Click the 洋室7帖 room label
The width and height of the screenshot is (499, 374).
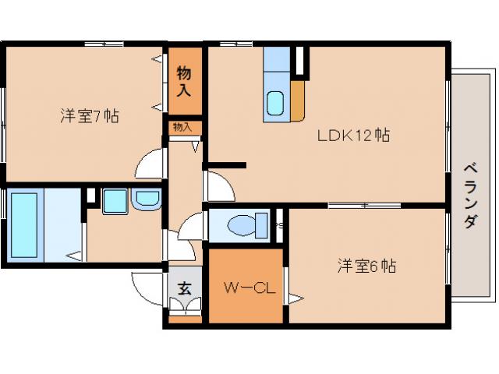tap(90, 116)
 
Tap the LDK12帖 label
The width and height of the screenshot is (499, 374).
tap(353, 135)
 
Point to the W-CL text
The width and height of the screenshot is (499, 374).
tap(246, 288)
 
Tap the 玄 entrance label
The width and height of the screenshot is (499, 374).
tap(185, 288)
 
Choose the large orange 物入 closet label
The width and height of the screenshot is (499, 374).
tap(184, 81)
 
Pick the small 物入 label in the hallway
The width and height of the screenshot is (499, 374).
tap(182, 127)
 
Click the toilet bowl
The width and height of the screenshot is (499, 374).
tap(242, 225)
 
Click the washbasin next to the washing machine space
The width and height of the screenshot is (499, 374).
tap(145, 201)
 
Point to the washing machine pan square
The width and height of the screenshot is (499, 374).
tap(115, 201)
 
